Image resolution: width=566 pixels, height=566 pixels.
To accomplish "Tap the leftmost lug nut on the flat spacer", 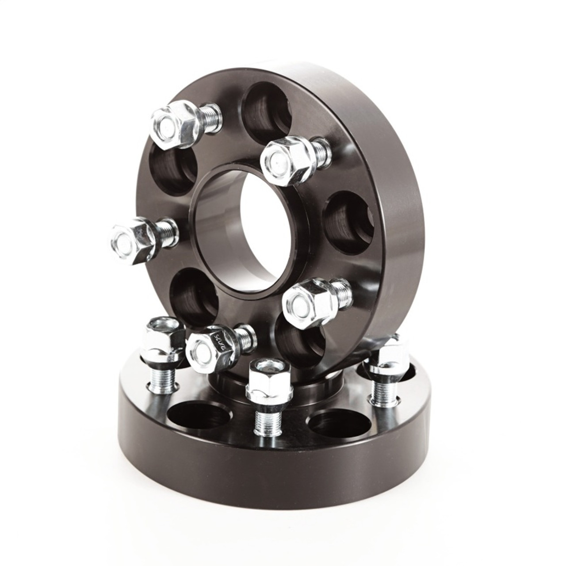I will pos(164,338).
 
